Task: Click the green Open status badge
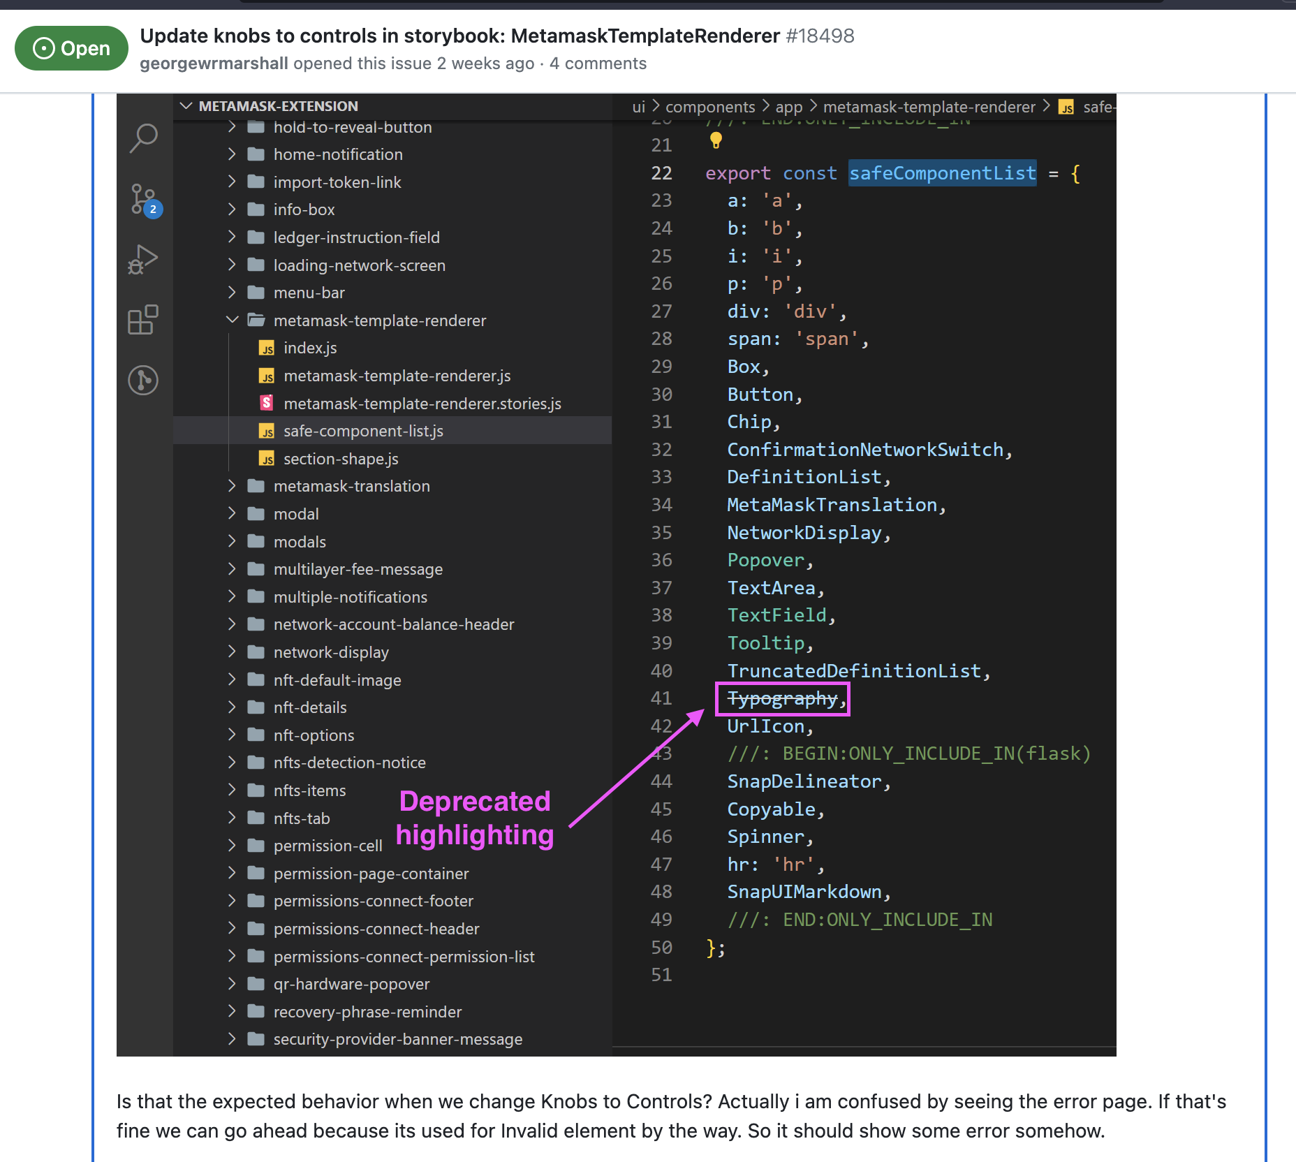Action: pyautogui.click(x=71, y=48)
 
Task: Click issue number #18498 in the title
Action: pyautogui.click(x=820, y=36)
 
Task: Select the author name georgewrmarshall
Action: pyautogui.click(x=214, y=64)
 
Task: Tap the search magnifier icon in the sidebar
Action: pyautogui.click(x=144, y=138)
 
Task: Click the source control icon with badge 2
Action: pyautogui.click(x=144, y=200)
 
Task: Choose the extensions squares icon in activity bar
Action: pyautogui.click(x=143, y=320)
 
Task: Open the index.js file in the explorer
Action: pyautogui.click(x=310, y=348)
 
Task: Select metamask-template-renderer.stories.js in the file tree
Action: pyautogui.click(x=422, y=404)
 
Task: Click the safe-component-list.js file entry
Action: pyautogui.click(x=363, y=431)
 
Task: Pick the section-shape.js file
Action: pyautogui.click(x=341, y=459)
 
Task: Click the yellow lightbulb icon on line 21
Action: pyautogui.click(x=716, y=141)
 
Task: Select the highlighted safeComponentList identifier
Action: pyautogui.click(x=942, y=173)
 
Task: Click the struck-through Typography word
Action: pyautogui.click(x=782, y=698)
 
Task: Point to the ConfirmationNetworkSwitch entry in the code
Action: pyautogui.click(x=865, y=450)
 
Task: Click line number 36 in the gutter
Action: pyautogui.click(x=661, y=560)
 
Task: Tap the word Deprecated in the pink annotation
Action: pyautogui.click(x=475, y=801)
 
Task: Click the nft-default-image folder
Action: pyautogui.click(x=337, y=680)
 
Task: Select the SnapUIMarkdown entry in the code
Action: pyautogui.click(x=804, y=892)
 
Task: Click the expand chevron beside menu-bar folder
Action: pyautogui.click(x=232, y=293)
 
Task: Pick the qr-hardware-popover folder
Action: pyautogui.click(x=351, y=984)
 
